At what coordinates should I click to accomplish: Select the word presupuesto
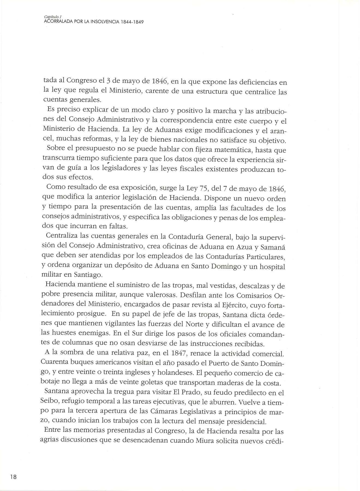97,150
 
